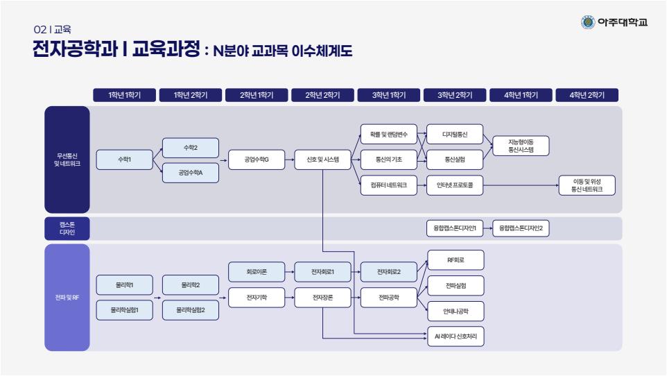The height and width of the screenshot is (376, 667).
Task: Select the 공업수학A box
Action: click(191, 173)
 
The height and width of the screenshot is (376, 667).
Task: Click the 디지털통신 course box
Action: click(455, 134)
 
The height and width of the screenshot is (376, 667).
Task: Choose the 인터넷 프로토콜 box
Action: click(455, 185)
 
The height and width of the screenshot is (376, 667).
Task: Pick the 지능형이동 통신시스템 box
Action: click(520, 145)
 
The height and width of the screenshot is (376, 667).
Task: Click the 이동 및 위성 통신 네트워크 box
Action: click(587, 185)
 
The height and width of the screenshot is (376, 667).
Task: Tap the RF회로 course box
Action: click(455, 259)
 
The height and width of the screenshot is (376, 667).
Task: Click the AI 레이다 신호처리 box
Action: click(455, 337)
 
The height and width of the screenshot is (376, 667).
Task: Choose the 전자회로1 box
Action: click(322, 272)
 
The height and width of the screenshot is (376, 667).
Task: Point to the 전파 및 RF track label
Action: click(67, 298)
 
